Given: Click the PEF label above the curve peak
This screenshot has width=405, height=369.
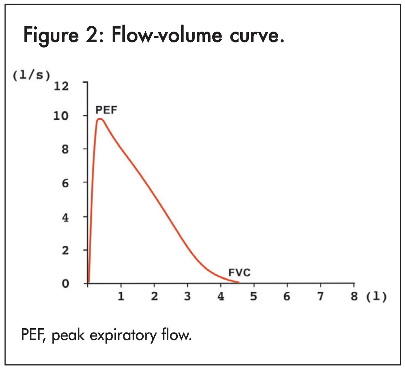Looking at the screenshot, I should click(106, 110).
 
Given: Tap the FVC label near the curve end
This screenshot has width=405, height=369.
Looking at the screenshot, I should click(239, 273).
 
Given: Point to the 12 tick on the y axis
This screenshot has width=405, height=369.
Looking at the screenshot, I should click(61, 86).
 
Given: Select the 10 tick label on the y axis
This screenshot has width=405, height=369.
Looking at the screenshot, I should click(61, 116).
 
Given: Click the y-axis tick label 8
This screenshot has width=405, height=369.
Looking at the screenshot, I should click(65, 149).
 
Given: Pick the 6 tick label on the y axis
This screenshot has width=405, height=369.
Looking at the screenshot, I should click(65, 183).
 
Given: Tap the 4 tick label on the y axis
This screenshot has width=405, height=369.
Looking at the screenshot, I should click(65, 217).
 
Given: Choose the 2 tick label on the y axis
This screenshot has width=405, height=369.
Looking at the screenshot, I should click(65, 251).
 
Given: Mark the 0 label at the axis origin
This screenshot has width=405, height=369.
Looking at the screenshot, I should click(65, 283).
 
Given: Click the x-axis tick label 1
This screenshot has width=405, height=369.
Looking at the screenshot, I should click(121, 296).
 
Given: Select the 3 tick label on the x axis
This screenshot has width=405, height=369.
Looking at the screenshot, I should click(187, 296).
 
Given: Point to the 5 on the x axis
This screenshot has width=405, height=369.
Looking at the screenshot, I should click(254, 296).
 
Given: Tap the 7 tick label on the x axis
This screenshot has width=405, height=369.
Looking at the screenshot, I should click(320, 296).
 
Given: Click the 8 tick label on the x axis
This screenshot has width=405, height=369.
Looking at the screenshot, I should click(354, 296).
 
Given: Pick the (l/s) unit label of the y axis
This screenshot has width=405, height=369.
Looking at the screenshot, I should click(32, 76).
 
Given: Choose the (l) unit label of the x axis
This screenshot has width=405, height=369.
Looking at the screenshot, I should click(376, 297).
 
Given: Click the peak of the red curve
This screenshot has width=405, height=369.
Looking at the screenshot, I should click(100, 119).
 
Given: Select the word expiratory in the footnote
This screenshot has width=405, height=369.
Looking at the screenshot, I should click(123, 335).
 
